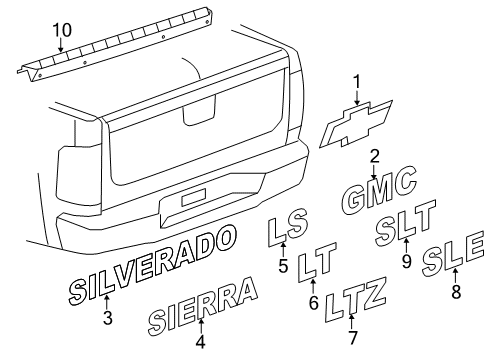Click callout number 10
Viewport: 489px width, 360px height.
[x=63, y=30]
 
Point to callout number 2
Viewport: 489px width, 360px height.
[x=374, y=157]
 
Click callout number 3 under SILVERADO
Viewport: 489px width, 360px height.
[x=108, y=320]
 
